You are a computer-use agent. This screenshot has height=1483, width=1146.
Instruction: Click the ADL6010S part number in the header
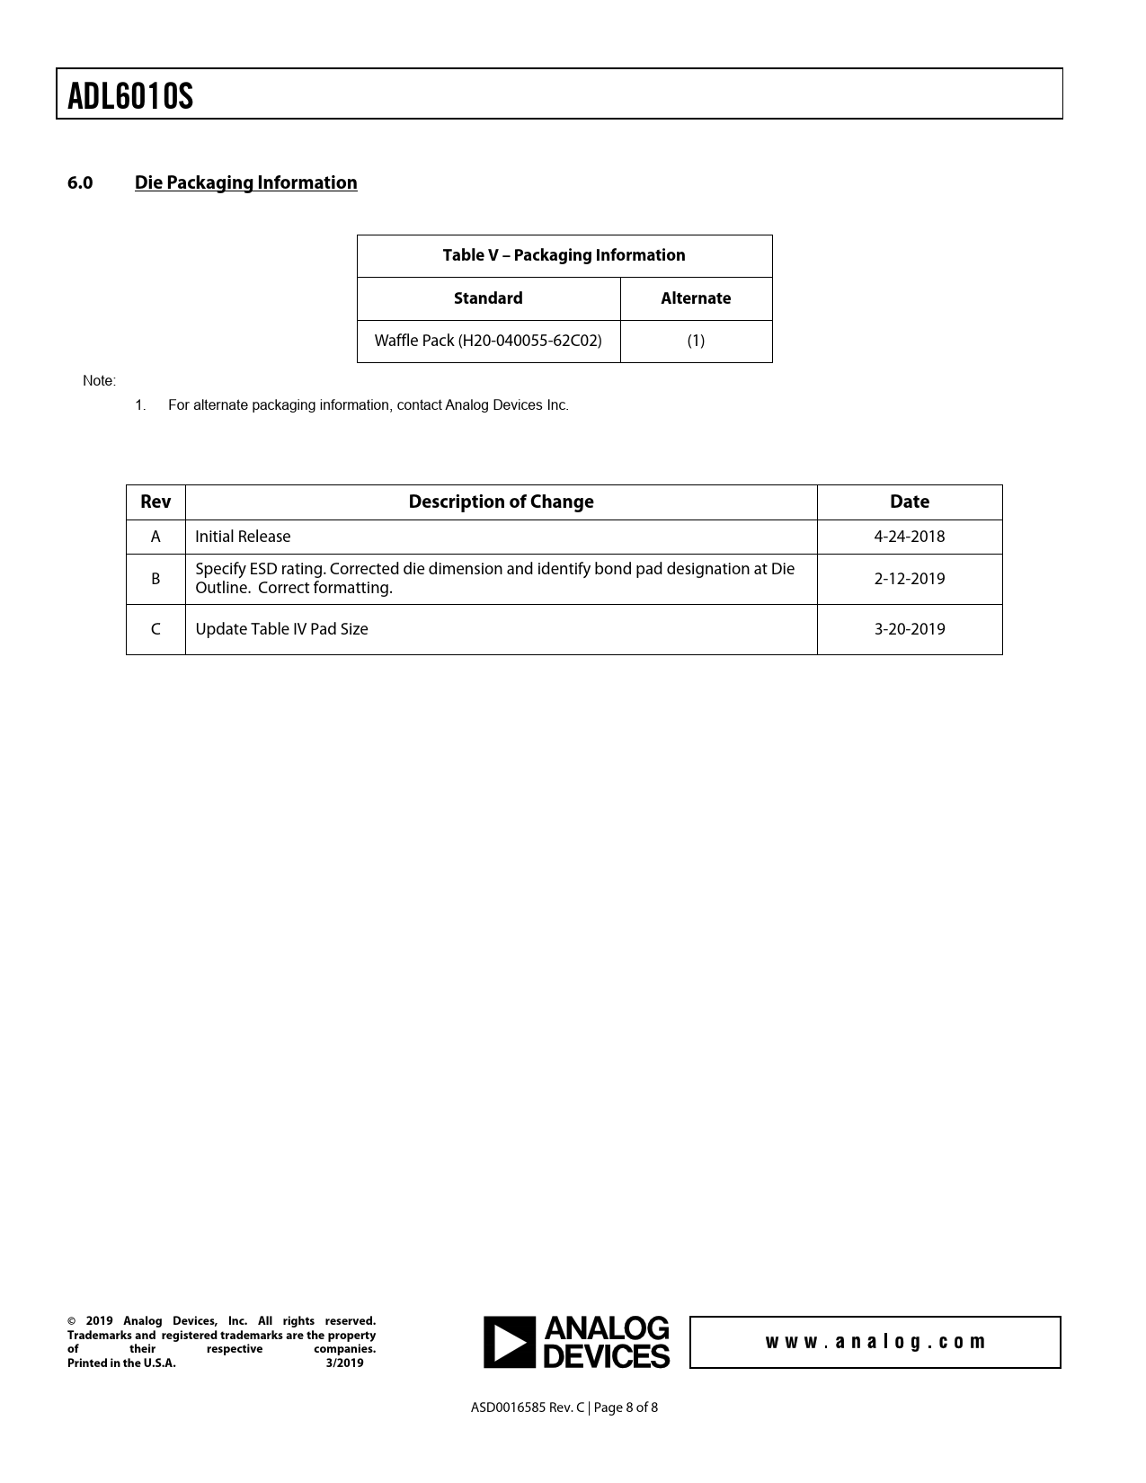point(130,96)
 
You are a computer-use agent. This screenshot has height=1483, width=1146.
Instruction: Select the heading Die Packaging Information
point(245,182)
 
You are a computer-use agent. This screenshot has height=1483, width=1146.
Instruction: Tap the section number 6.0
point(80,182)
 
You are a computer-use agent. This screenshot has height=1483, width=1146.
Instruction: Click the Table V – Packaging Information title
point(564,255)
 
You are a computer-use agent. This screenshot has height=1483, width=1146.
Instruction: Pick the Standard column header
point(488,298)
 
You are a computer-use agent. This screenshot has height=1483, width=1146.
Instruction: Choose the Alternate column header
point(696,298)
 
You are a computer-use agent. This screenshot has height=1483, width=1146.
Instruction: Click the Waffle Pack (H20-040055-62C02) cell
point(488,341)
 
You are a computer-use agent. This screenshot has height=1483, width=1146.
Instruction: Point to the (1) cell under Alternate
point(696,341)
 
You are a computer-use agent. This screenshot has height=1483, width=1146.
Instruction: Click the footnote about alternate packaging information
point(368,405)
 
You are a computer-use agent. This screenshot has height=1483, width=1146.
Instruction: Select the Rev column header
point(155,502)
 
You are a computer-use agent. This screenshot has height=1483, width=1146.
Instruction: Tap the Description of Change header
point(501,502)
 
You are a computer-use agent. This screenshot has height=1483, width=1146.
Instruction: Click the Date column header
point(910,502)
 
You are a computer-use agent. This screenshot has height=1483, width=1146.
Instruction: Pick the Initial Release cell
point(243,537)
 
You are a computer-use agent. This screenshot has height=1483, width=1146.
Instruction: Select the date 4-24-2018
point(910,537)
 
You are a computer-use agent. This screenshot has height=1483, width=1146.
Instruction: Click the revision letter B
point(155,579)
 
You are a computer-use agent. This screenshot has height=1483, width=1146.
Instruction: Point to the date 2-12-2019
point(910,579)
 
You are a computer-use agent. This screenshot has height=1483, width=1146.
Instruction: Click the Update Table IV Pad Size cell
point(281,629)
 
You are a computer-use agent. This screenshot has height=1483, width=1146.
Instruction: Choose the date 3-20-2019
point(910,629)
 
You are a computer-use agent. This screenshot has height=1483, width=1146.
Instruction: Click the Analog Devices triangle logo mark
point(510,1343)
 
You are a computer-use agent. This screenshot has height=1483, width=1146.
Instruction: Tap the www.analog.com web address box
point(875,1342)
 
